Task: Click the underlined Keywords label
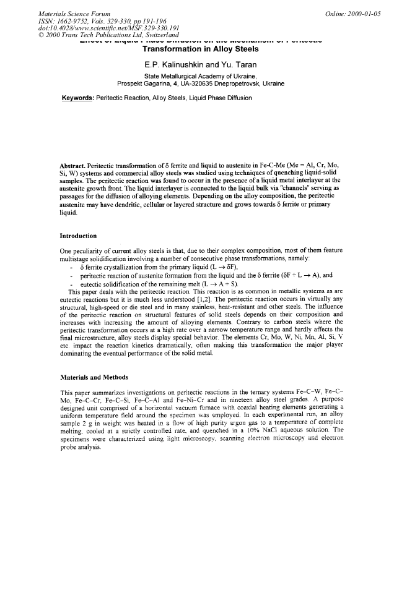[81, 98]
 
